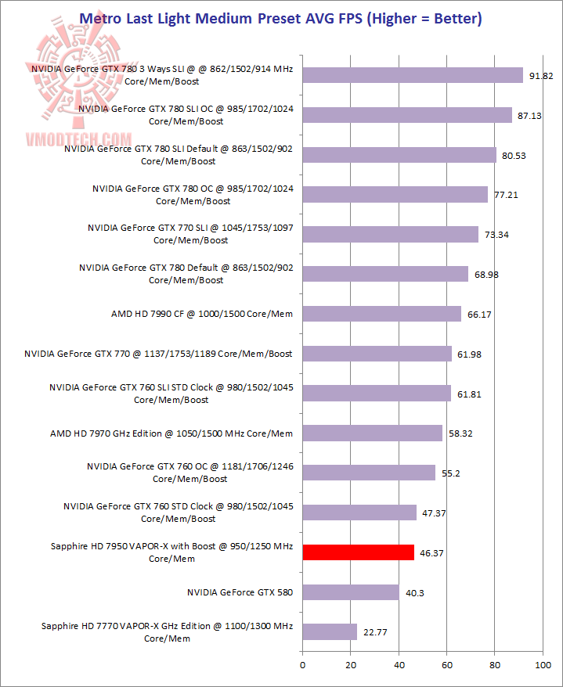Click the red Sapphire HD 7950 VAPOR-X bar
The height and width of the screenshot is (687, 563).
[x=358, y=552]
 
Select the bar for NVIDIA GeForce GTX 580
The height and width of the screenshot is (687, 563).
[x=351, y=592]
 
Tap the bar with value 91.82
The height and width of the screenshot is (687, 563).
[x=413, y=75]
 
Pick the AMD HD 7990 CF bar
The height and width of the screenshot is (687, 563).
[x=381, y=314]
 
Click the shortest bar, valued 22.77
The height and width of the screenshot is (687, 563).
[x=330, y=632]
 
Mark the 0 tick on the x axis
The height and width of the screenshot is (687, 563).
[x=303, y=665]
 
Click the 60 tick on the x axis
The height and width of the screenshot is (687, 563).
[x=447, y=665]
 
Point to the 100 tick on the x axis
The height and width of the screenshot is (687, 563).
[x=543, y=665]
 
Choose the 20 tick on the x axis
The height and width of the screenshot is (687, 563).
[x=351, y=665]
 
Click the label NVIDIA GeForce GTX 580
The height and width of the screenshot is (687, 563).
[x=240, y=592]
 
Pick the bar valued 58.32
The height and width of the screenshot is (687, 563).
[x=373, y=433]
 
